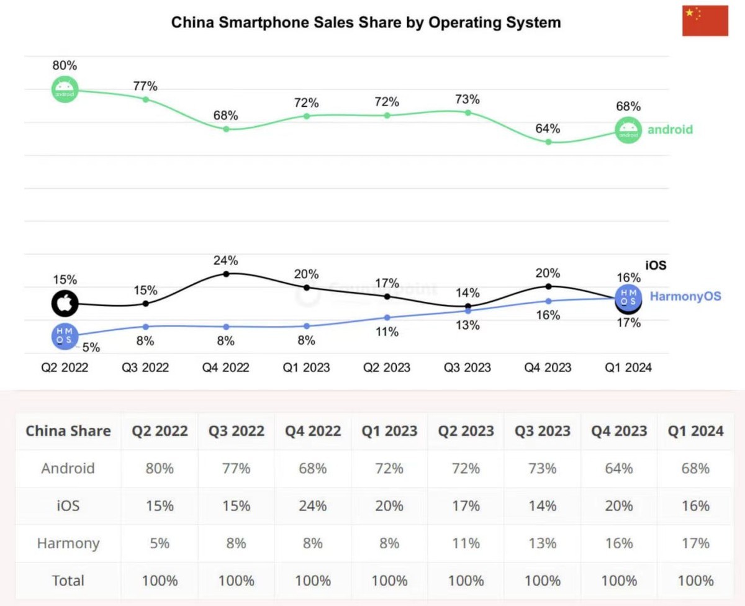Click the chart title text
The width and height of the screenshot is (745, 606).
pyautogui.click(x=366, y=23)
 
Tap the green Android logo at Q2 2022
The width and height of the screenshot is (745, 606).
pyautogui.click(x=65, y=90)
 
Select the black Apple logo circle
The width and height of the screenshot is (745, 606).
pyautogui.click(x=65, y=304)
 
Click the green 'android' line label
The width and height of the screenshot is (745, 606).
pyautogui.click(x=670, y=130)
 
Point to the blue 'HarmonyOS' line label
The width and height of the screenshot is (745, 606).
pyautogui.click(x=685, y=296)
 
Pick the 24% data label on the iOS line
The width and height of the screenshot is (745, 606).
pyautogui.click(x=226, y=260)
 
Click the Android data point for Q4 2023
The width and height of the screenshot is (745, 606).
pyautogui.click(x=548, y=142)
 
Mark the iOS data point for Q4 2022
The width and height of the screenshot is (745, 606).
pyautogui.click(x=226, y=274)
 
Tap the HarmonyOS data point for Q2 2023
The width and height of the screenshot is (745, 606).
pyautogui.click(x=387, y=317)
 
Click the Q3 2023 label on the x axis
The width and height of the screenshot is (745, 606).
pyautogui.click(x=467, y=368)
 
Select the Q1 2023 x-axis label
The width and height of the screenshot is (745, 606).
pyautogui.click(x=307, y=368)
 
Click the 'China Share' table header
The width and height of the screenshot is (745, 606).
pyautogui.click(x=68, y=431)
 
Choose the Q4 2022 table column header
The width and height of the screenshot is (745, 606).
pyautogui.click(x=313, y=431)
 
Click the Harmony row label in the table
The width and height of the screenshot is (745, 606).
pyautogui.click(x=68, y=543)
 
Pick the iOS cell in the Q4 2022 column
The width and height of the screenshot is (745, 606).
pyautogui.click(x=313, y=506)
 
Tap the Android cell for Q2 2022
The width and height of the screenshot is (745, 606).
pyautogui.click(x=160, y=468)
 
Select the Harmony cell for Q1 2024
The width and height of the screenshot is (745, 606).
pyautogui.click(x=695, y=543)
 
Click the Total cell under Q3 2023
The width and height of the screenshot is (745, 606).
pyautogui.click(x=543, y=581)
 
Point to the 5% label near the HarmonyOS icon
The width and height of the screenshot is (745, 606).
pyautogui.click(x=91, y=347)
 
